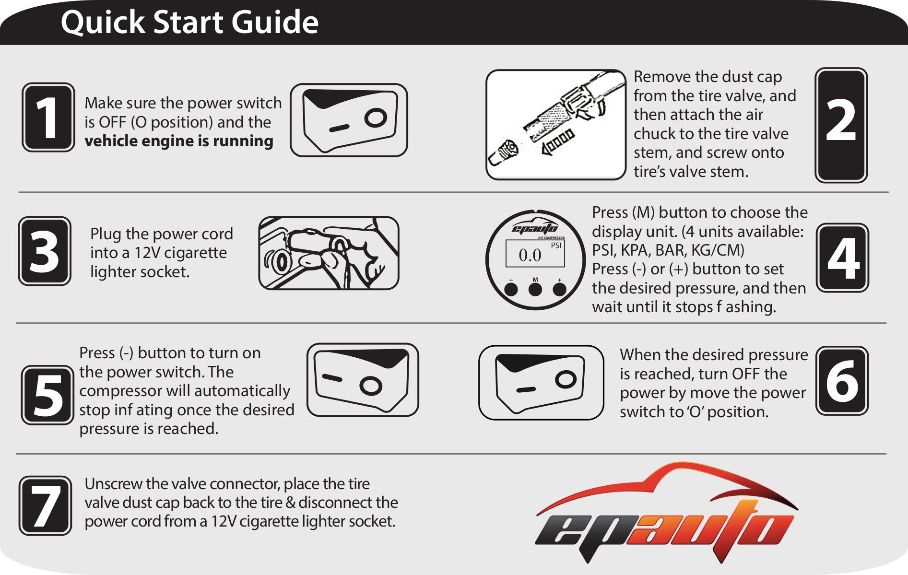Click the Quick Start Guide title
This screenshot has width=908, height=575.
[x=189, y=22]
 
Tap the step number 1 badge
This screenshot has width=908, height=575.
[x=48, y=117]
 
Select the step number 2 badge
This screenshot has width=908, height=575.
[x=841, y=125]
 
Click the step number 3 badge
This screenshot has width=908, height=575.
[x=45, y=251]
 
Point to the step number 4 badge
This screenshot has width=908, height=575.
[x=842, y=258]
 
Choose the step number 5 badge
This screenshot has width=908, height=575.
[x=47, y=395]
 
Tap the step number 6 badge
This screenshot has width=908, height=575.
[x=842, y=381]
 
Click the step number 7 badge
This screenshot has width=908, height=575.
[x=45, y=505]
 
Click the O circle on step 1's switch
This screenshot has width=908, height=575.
[x=375, y=117]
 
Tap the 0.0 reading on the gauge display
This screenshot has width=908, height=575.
[x=530, y=255]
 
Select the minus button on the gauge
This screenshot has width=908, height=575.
[x=511, y=289]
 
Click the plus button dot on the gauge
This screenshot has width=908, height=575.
[x=559, y=289]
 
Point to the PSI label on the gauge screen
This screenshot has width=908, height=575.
[x=555, y=246]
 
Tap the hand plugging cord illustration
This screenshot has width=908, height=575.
[x=329, y=253]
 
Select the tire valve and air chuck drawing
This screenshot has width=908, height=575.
[x=555, y=125]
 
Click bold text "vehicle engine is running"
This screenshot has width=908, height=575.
[x=179, y=141]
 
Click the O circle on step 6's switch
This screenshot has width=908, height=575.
[x=565, y=379]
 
